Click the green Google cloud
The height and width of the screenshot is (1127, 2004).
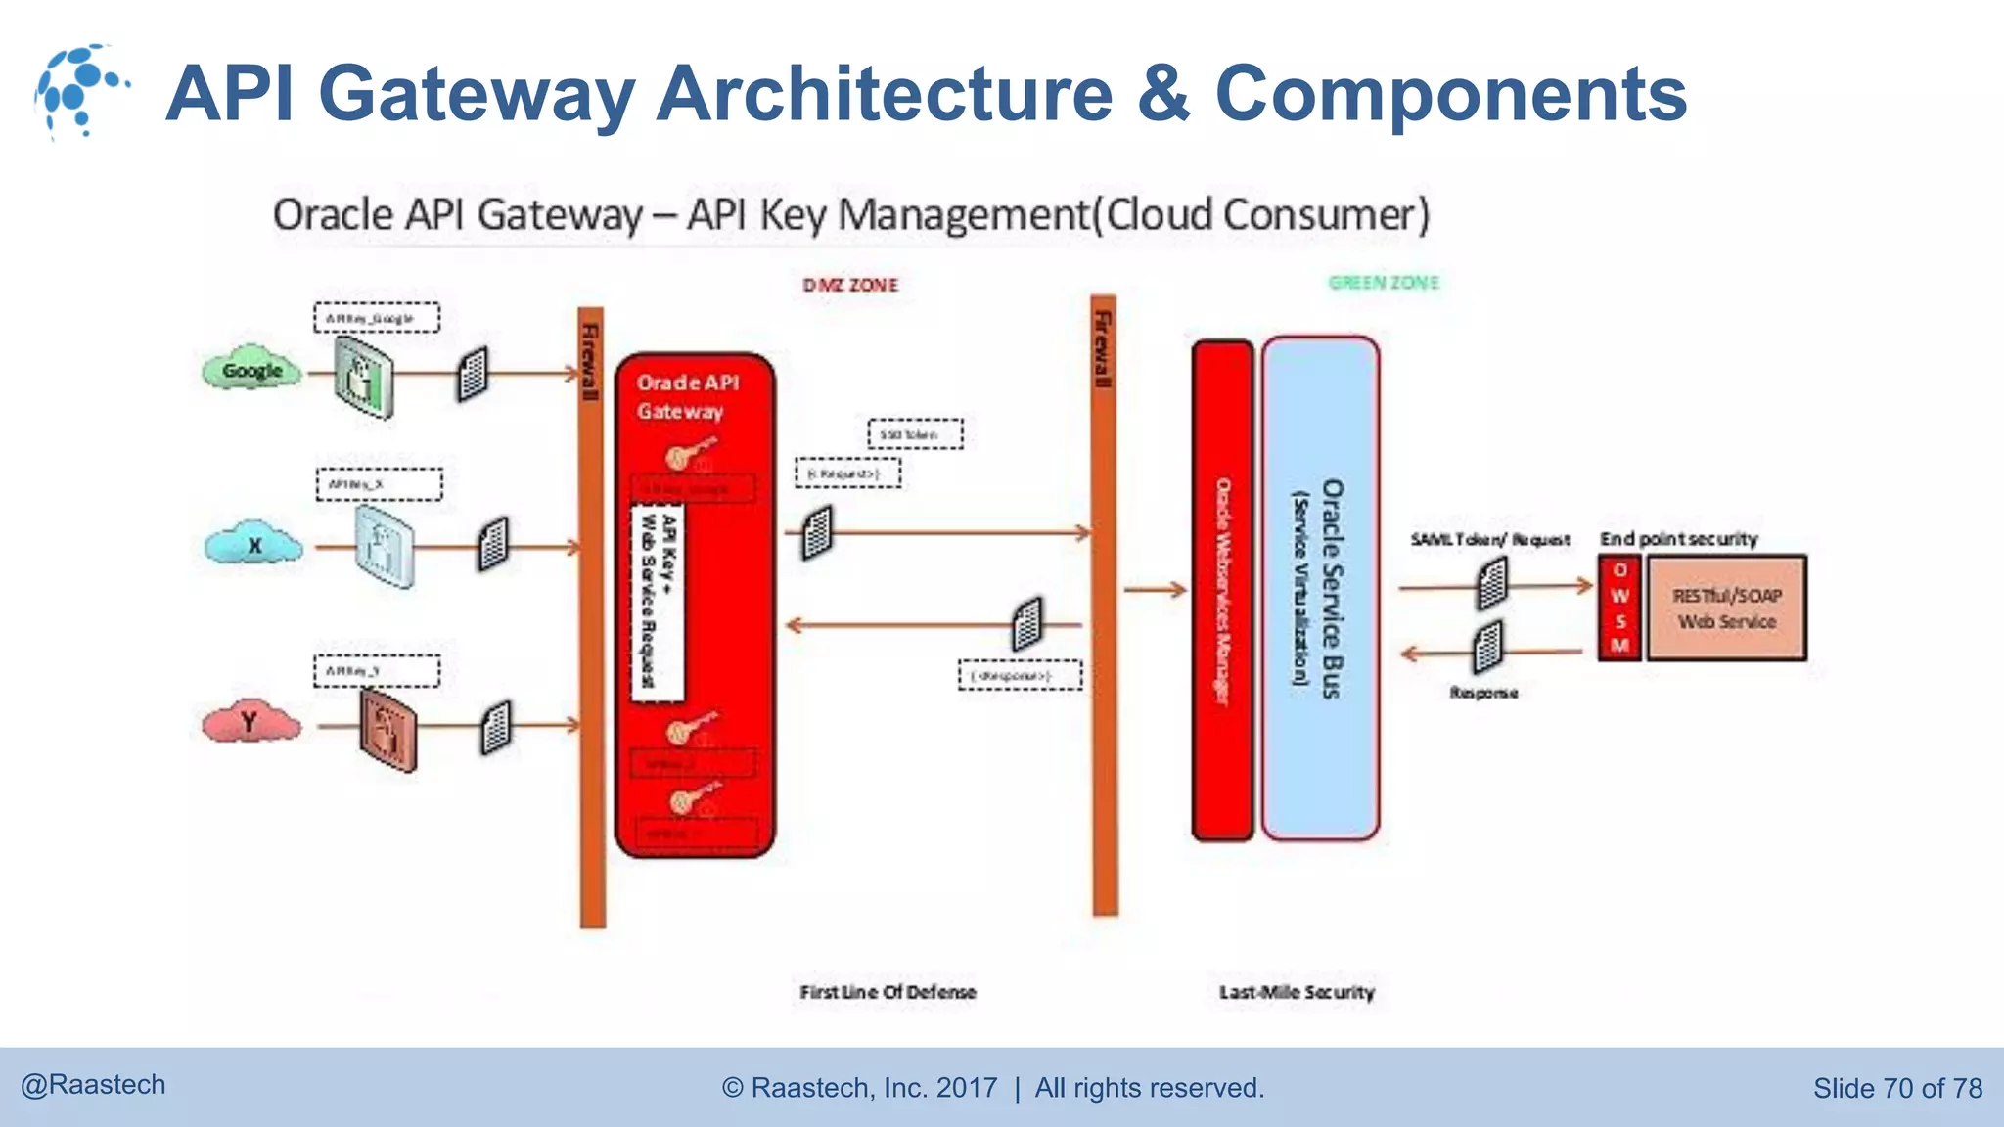(x=251, y=371)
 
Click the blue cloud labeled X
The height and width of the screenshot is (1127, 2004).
(x=253, y=545)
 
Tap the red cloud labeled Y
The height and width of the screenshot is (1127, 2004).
(x=250, y=723)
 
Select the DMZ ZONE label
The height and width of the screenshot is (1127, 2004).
(x=849, y=285)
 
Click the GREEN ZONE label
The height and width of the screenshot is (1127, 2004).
(x=1384, y=283)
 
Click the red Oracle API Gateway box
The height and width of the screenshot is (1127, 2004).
(x=724, y=607)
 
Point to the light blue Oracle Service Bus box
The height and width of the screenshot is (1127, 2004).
(x=1320, y=588)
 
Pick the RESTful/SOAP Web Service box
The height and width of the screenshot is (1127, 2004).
(x=1726, y=609)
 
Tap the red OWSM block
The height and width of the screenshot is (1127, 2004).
(x=1619, y=609)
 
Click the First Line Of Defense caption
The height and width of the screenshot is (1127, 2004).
(x=888, y=992)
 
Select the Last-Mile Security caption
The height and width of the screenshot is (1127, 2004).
(x=1297, y=992)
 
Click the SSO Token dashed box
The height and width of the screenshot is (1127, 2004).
(x=915, y=433)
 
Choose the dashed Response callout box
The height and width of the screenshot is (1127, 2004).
(x=1020, y=676)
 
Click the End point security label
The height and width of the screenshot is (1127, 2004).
(x=1678, y=539)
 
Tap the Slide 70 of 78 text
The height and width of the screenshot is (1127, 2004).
(x=1896, y=1088)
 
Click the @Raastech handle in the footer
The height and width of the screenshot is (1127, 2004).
(x=93, y=1085)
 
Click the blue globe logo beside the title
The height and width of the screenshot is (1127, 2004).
(x=78, y=90)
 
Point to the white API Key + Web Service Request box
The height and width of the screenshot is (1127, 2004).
(x=658, y=603)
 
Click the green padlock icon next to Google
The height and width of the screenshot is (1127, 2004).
(x=363, y=377)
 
